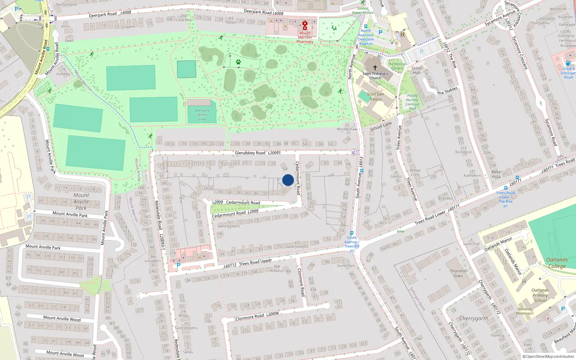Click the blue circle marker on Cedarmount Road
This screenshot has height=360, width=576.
288,180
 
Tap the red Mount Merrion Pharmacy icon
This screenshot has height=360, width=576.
305,25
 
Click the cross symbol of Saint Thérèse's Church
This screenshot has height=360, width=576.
375,68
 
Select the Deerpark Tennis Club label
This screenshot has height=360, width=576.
202,114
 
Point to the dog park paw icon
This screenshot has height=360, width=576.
238,62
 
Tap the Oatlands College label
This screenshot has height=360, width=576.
557,263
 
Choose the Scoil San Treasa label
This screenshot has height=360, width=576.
375,96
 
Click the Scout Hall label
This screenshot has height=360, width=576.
417,70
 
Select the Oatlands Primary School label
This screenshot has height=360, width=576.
540,295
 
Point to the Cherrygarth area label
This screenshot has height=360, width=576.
473,319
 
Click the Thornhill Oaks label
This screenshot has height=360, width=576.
458,273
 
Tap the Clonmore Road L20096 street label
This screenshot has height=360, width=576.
257,316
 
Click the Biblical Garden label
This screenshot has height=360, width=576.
397,66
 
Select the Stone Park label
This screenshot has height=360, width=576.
346,266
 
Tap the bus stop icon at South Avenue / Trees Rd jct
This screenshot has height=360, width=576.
351,233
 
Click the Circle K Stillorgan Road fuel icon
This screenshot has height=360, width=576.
568,63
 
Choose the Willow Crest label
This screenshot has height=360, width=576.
414,172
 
